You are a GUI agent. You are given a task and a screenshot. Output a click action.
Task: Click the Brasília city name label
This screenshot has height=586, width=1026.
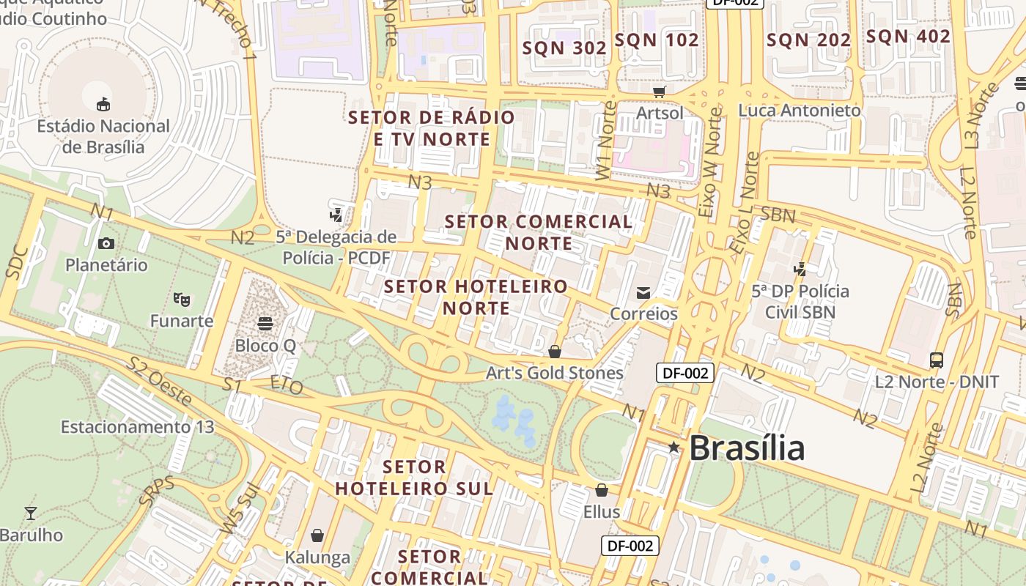tap(746, 448)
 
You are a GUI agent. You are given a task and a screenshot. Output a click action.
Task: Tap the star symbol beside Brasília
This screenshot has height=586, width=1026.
tap(673, 447)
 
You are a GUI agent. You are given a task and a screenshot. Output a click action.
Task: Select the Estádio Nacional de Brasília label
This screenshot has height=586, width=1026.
tap(103, 136)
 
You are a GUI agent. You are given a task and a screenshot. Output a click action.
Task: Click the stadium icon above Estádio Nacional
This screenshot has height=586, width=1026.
tap(103, 104)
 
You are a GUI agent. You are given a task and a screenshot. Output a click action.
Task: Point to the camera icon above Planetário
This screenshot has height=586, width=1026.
tap(106, 243)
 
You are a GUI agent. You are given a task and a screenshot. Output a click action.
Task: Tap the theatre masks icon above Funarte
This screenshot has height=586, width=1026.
tap(182, 299)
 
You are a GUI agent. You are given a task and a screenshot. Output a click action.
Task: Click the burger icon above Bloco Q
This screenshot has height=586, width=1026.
tap(265, 323)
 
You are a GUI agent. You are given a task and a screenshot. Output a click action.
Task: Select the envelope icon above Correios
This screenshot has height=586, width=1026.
tap(643, 293)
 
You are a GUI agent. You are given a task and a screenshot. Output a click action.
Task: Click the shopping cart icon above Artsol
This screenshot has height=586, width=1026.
tap(659, 92)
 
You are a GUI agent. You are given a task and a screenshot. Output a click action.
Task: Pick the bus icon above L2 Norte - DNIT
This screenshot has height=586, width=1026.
tap(937, 360)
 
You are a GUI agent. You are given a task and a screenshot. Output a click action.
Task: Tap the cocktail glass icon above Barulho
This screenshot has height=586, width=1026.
tap(31, 513)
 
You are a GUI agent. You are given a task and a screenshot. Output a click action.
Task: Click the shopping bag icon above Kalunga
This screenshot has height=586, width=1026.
tap(317, 535)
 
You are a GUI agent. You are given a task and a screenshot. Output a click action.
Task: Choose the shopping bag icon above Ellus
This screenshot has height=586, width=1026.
tap(602, 489)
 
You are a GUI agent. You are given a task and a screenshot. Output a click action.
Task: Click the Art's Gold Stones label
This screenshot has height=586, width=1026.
tap(555, 373)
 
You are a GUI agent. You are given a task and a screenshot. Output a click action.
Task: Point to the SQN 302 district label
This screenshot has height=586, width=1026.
tap(564, 48)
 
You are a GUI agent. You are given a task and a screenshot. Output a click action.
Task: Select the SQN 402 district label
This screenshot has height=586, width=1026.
tap(908, 37)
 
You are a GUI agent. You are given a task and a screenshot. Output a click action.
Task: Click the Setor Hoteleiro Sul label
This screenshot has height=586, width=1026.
tap(414, 478)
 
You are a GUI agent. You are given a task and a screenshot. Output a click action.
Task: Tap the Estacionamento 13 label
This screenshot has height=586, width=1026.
tap(137, 426)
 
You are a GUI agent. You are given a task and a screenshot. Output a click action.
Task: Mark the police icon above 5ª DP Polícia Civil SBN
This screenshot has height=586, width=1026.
tap(800, 270)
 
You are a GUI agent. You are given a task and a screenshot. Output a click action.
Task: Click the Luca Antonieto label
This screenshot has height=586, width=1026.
tap(800, 111)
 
